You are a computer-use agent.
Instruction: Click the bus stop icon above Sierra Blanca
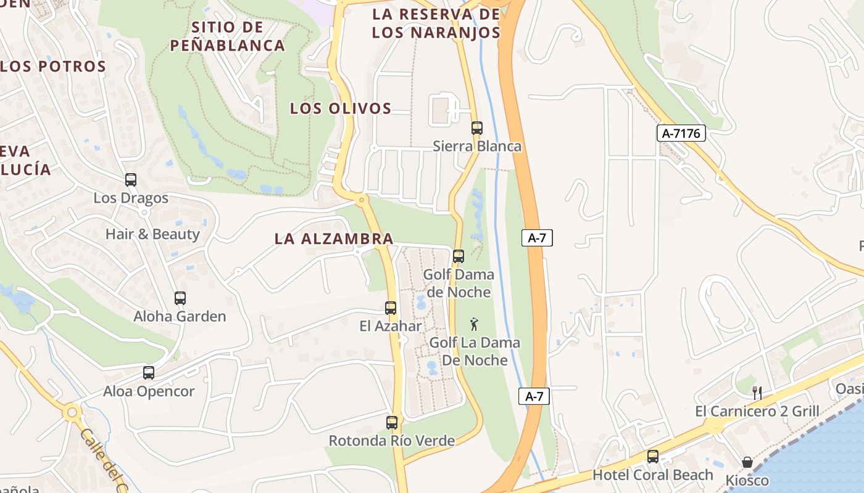tap(476, 128)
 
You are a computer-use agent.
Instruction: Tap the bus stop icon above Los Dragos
tap(131, 180)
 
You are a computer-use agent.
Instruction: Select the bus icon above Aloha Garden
tap(180, 298)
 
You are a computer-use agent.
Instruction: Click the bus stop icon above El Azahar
tap(391, 308)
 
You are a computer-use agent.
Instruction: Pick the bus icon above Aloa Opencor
tap(149, 373)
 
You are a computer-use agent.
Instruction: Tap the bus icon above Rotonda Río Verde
tap(392, 423)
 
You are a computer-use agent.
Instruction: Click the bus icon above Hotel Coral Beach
tap(653, 457)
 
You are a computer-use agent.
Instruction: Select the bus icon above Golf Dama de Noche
tap(459, 256)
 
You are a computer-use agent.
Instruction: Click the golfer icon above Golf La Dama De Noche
tap(474, 324)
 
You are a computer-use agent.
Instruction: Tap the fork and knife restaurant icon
tap(757, 393)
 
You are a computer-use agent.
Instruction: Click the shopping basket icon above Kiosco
tap(747, 462)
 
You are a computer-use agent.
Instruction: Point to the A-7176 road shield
tap(681, 133)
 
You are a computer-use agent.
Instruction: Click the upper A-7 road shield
tap(537, 238)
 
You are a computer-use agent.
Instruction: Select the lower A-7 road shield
tap(534, 396)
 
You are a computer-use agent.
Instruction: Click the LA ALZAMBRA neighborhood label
tap(334, 239)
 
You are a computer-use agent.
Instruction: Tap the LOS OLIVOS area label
tap(341, 108)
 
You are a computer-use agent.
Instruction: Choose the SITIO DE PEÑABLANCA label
tap(227, 36)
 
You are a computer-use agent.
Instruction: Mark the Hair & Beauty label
tap(152, 234)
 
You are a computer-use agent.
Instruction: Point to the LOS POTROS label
tap(53, 67)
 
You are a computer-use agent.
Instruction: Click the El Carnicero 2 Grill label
tap(757, 411)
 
